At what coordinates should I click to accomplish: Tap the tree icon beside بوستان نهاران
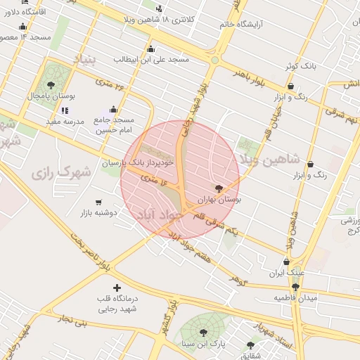pyautogui.click(x=219, y=188)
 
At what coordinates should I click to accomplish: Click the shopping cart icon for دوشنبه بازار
pyautogui.click(x=98, y=202)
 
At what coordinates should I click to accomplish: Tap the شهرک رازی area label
pyautogui.click(x=61, y=171)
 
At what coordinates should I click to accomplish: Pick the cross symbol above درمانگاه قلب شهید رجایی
pyautogui.click(x=117, y=287)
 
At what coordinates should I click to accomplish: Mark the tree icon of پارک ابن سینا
pyautogui.click(x=203, y=333)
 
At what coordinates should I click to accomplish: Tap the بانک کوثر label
pyautogui.click(x=298, y=65)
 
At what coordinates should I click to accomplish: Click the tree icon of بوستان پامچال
pyautogui.click(x=51, y=85)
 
